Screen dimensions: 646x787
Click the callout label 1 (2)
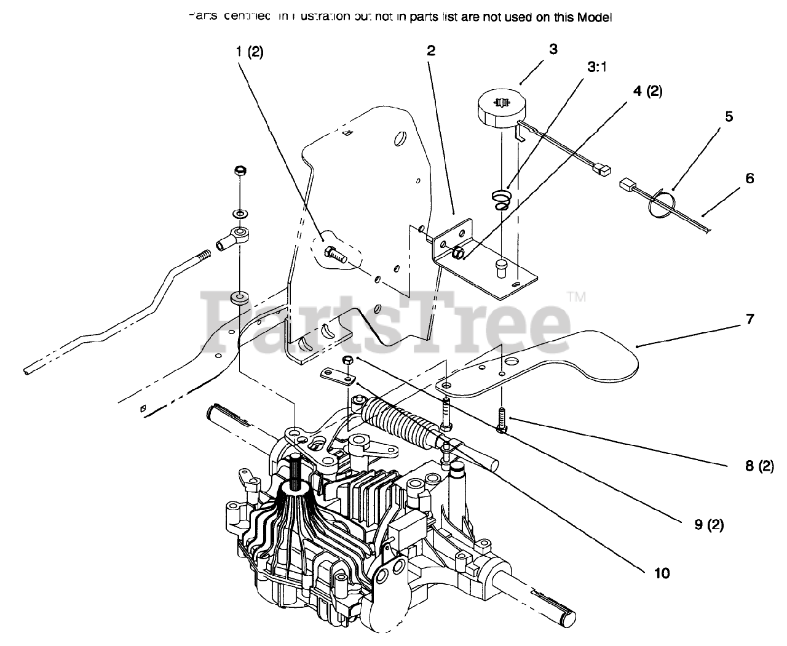(x=249, y=52)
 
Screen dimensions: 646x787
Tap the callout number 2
(x=431, y=51)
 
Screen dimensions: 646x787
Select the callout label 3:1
(x=596, y=68)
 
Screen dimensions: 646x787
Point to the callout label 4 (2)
(x=647, y=92)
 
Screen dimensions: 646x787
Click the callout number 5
(x=729, y=116)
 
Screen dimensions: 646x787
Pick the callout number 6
(x=749, y=178)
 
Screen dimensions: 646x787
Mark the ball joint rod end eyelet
(x=236, y=234)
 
